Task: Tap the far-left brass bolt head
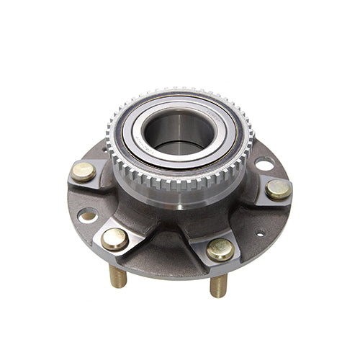coord(84,171)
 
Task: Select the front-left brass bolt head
coord(114,238)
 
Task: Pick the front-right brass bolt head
coord(220,249)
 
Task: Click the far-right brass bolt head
coord(279,189)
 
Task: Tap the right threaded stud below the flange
coord(218,285)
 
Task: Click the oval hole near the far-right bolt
coord(264,164)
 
